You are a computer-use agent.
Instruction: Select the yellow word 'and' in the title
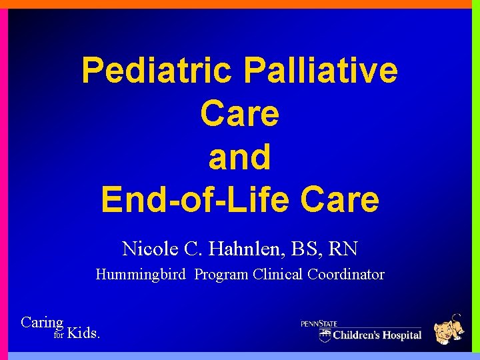[239, 157]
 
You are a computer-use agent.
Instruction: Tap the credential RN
[344, 249]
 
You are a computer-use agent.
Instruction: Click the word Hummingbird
[141, 275]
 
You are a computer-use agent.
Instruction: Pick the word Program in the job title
[222, 275]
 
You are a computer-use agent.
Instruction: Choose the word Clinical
[279, 274]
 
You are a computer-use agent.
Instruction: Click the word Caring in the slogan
[41, 323]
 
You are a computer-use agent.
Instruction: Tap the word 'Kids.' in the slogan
[85, 333]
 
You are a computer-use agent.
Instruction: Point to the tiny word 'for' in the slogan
[58, 335]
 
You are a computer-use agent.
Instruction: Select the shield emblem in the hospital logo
[325, 335]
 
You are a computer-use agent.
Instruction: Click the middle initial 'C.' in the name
[198, 249]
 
